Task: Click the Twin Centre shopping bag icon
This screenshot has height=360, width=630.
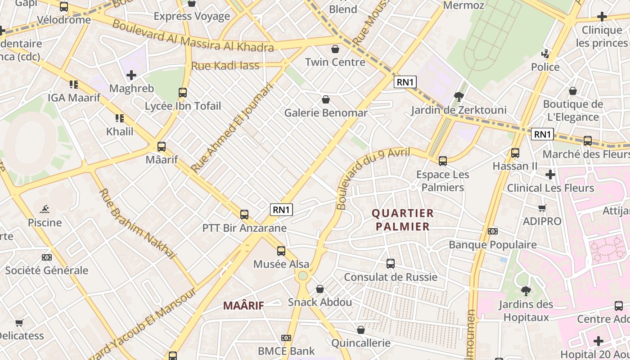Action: (335, 49)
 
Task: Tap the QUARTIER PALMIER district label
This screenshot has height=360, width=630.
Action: (403, 220)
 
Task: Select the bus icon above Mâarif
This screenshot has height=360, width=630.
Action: (162, 147)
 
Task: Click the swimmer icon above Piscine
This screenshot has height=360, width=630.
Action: (45, 209)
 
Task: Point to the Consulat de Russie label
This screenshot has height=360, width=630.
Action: (390, 277)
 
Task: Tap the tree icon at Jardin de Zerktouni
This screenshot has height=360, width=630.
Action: (459, 96)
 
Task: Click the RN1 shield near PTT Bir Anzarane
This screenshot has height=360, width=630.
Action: (281, 209)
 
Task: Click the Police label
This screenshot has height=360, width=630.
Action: (545, 67)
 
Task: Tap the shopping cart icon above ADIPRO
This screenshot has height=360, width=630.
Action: (542, 208)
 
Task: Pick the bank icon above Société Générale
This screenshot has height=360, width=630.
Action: (46, 257)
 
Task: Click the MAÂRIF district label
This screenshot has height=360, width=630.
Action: (243, 306)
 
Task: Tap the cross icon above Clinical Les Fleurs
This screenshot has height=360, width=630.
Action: (550, 175)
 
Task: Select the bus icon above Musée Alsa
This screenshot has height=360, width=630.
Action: (281, 251)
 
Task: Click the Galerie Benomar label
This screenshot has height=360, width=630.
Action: (325, 112)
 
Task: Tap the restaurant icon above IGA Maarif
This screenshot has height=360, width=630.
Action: (74, 84)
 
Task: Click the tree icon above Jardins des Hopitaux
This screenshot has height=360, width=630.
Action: (526, 291)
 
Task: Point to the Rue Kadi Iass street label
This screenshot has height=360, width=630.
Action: (225, 66)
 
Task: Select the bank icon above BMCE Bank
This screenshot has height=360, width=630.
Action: (286, 337)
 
